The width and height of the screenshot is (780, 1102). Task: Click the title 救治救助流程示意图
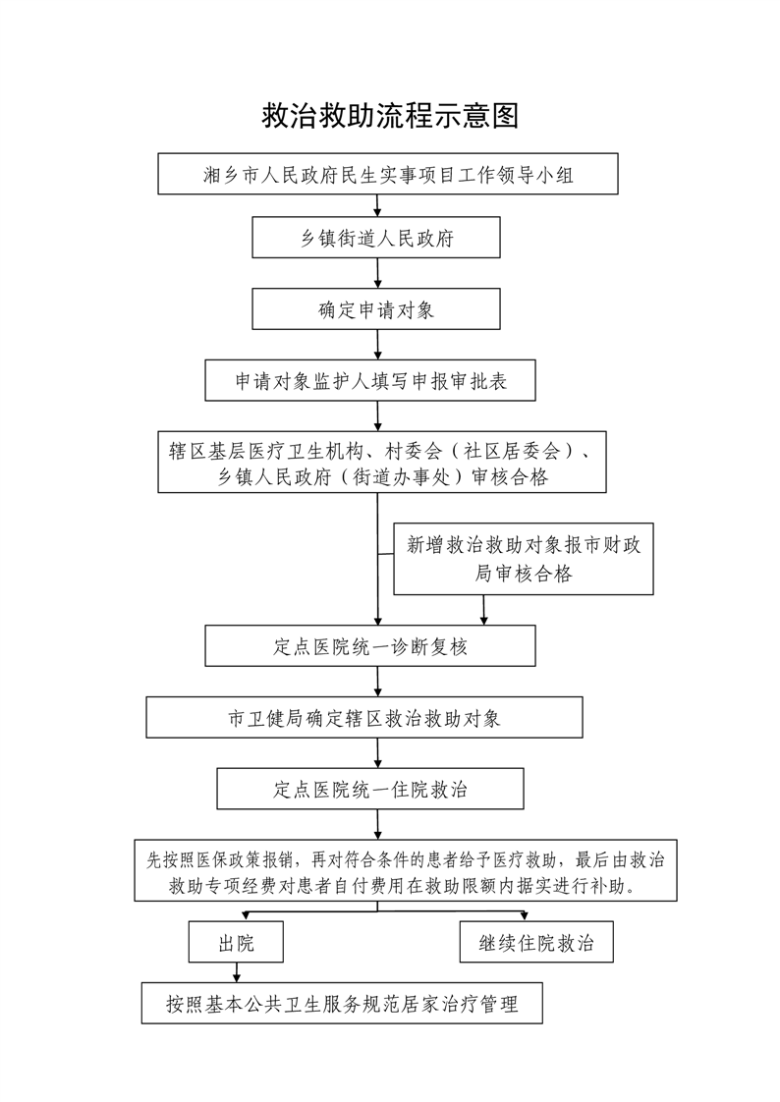[x=390, y=116]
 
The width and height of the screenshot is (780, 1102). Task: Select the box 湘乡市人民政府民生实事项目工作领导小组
[x=388, y=176]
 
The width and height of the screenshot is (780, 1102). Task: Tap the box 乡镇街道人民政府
[x=377, y=239]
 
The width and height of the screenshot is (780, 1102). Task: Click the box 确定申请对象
[x=377, y=309]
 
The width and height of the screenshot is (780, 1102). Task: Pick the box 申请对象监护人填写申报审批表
[x=370, y=380]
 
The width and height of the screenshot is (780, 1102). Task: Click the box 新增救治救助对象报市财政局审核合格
[x=523, y=559]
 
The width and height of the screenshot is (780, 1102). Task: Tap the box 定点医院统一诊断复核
[x=370, y=647]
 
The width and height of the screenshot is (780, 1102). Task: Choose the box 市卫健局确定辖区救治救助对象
[x=364, y=718]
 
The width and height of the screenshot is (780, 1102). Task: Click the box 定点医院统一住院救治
[x=370, y=789]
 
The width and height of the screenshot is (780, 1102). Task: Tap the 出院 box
[x=236, y=944]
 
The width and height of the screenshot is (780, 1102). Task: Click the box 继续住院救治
[x=536, y=943]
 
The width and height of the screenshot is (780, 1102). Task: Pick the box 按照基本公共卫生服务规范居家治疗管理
[x=342, y=1004]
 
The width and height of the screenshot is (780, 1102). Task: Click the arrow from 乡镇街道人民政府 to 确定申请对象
[x=377, y=274]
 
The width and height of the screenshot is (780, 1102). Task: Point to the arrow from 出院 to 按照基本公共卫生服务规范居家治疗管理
[x=236, y=972]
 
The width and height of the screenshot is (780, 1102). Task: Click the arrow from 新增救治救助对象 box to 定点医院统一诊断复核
[x=483, y=610]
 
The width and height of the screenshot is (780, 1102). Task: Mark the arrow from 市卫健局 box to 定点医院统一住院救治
[x=377, y=753]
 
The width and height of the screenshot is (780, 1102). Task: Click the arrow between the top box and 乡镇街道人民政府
[x=377, y=205]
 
